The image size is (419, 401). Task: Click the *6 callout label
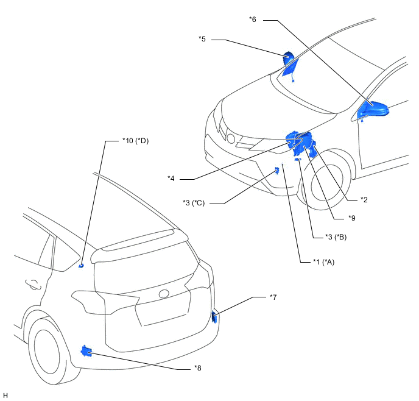[x=253, y=20]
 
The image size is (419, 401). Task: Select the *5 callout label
[x=202, y=39]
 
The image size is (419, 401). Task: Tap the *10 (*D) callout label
[x=135, y=141]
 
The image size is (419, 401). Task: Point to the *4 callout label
[x=171, y=179]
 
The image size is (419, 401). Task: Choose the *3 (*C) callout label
[x=194, y=203]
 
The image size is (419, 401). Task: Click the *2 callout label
[x=364, y=200]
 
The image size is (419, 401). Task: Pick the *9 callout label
[x=352, y=218]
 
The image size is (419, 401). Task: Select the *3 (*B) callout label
[x=336, y=237]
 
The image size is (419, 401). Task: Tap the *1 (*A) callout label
[x=323, y=262]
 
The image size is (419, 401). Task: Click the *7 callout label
[x=273, y=297]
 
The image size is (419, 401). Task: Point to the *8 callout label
[x=198, y=368]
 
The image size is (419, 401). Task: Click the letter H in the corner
[x=5, y=396]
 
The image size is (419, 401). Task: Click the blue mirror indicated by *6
[x=373, y=110]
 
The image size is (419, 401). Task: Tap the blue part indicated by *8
[x=86, y=351]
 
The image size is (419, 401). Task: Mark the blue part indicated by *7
[x=214, y=316]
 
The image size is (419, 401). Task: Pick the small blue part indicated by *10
[x=81, y=266]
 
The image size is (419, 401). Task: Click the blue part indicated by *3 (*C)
[x=277, y=170]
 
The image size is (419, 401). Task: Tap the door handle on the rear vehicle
[x=33, y=284]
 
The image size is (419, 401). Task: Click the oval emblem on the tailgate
[x=164, y=294]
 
